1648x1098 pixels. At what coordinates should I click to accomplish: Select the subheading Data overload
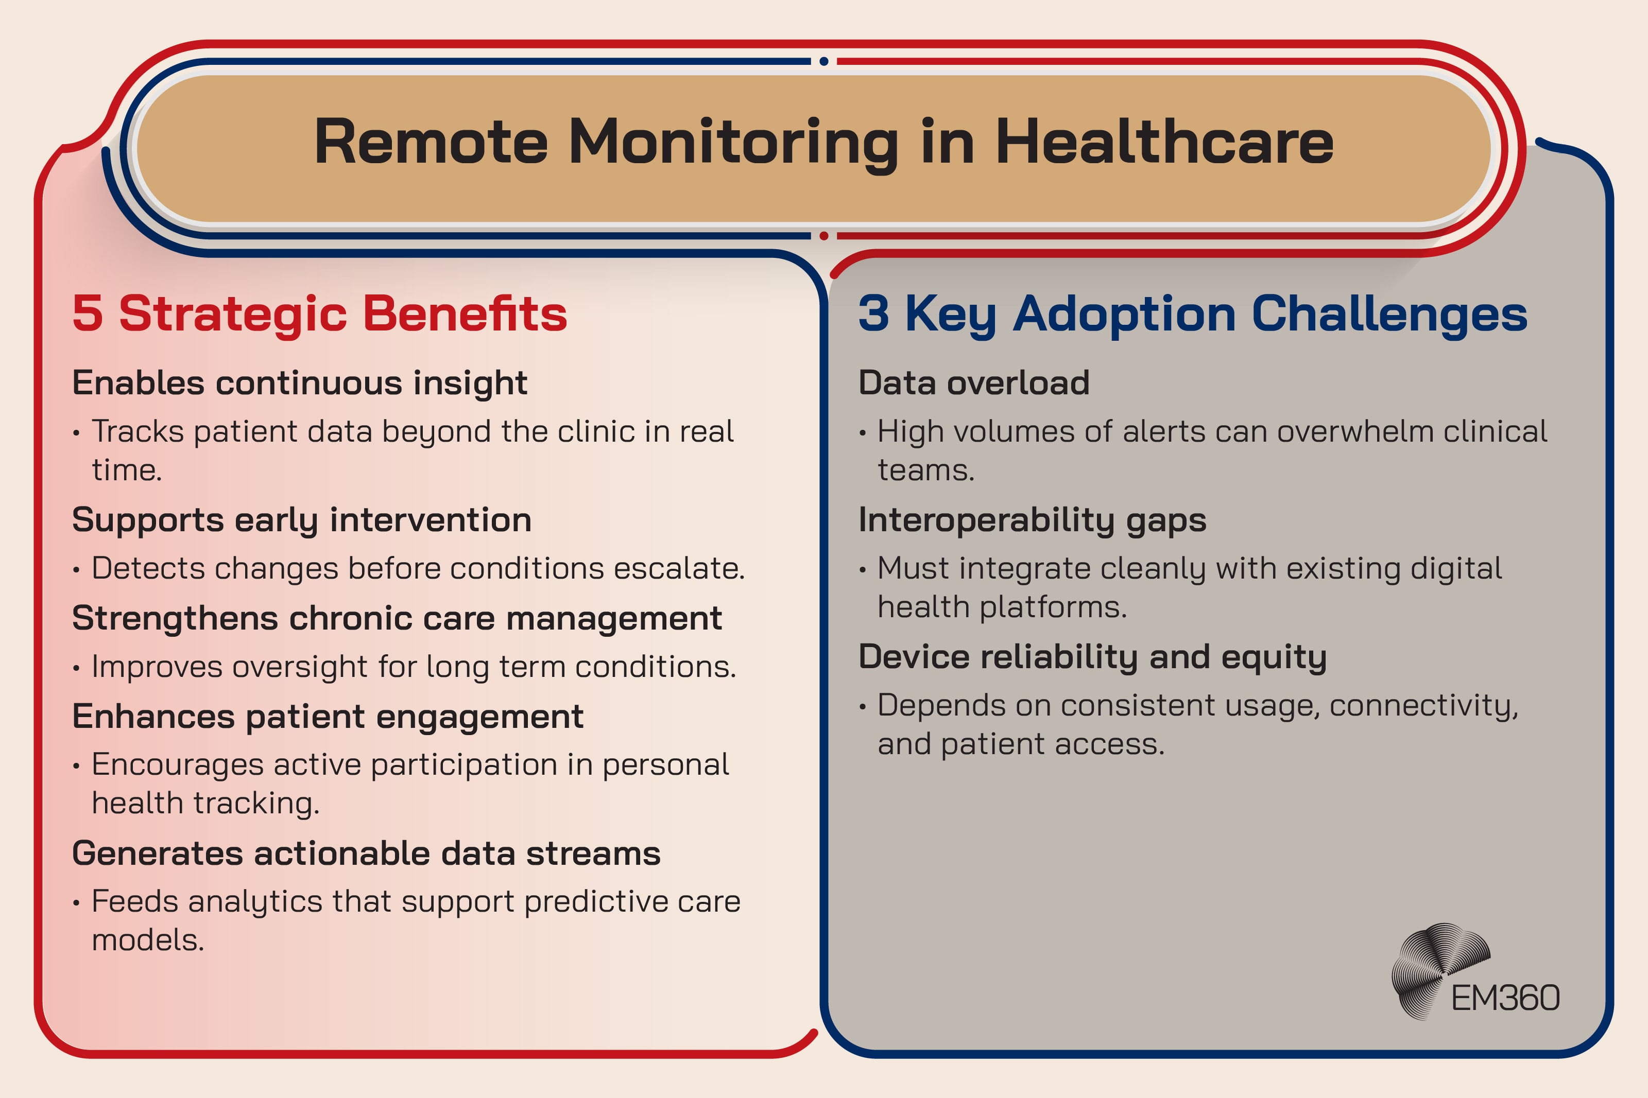(973, 383)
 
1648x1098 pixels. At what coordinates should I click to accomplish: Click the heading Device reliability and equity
(1093, 657)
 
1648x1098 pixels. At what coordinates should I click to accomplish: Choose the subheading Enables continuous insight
(300, 383)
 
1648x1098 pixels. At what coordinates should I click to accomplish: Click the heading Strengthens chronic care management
(397, 618)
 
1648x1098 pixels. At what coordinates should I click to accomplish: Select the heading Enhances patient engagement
(328, 717)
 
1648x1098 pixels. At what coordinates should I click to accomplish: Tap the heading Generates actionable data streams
(366, 853)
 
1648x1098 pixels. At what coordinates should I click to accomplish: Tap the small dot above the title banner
(823, 62)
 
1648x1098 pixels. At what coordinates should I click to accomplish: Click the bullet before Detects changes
(76, 570)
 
